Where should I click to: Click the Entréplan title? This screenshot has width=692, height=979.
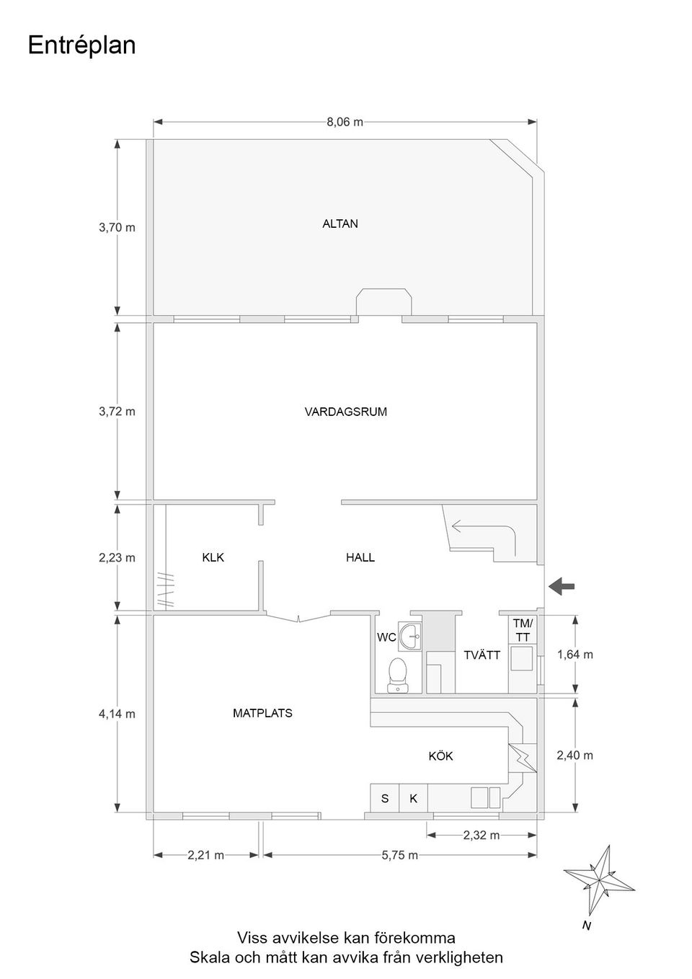81,45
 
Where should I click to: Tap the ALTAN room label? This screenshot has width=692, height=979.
340,223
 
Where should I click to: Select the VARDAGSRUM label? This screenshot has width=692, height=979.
345,412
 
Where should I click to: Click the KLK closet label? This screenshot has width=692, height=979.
213,557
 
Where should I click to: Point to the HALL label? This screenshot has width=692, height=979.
360,557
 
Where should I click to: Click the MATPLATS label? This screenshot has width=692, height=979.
262,713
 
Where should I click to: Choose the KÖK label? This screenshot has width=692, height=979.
440,756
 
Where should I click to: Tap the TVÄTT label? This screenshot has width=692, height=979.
482,655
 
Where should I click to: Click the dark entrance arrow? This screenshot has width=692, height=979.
562,587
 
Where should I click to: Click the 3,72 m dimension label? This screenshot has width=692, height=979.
117,412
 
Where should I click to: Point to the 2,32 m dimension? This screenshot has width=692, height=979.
481,835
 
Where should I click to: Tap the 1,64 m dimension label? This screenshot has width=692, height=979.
575,655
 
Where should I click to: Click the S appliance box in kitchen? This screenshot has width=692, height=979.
385,798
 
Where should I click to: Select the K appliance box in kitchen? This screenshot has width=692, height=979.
413,798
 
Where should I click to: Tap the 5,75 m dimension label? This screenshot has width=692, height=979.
399,855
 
